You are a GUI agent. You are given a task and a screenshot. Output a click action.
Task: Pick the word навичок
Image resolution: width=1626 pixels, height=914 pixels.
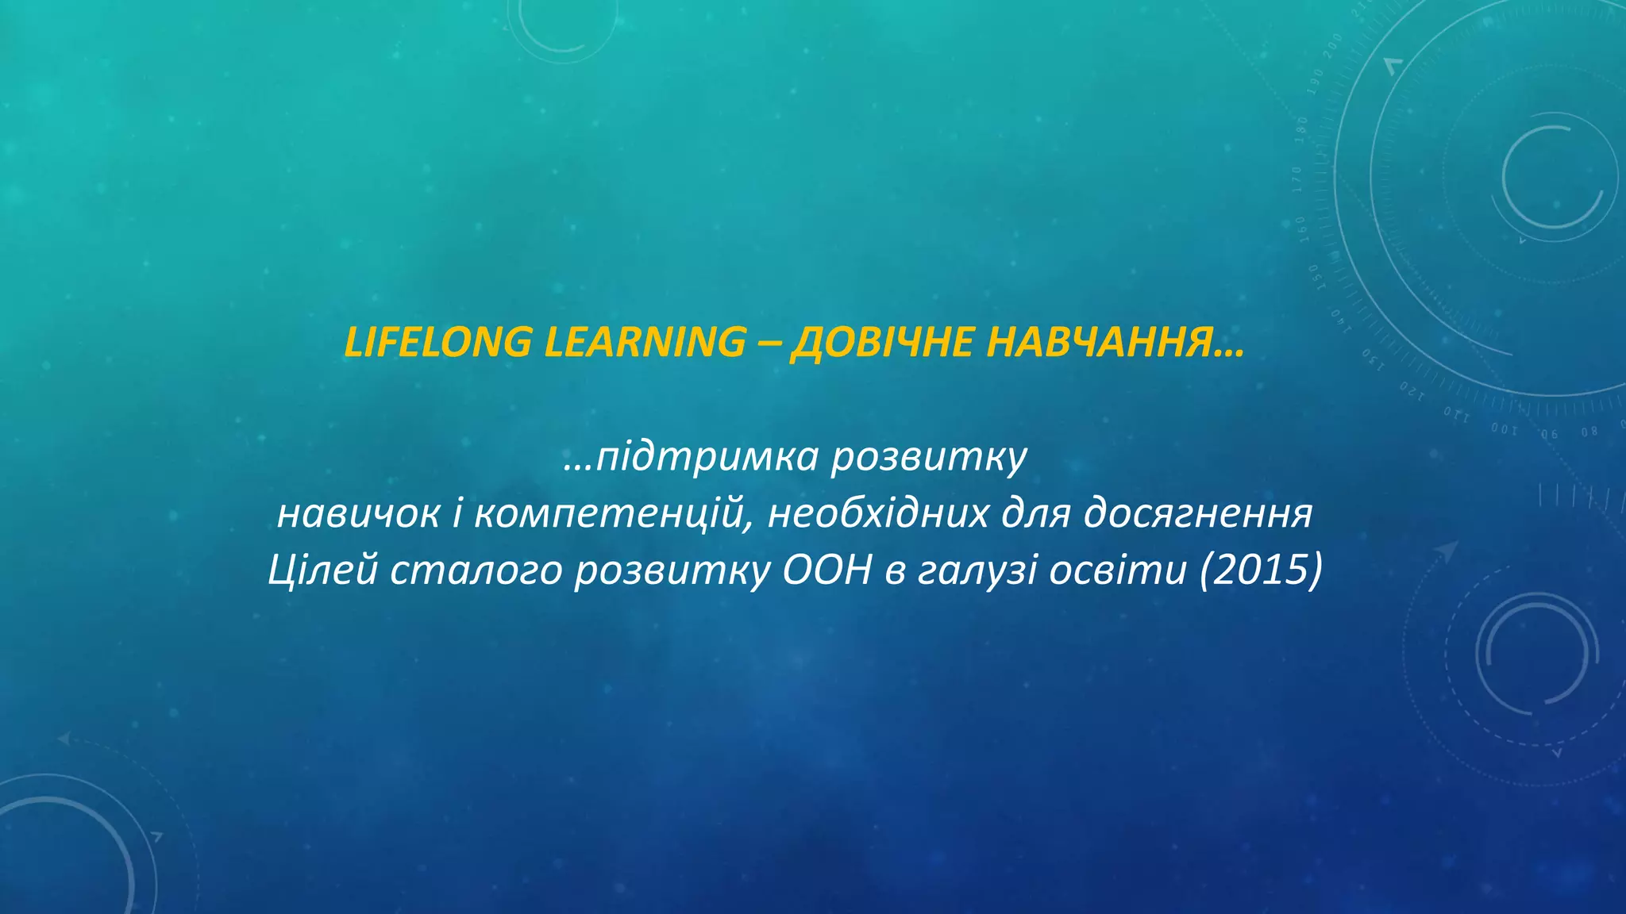(358, 514)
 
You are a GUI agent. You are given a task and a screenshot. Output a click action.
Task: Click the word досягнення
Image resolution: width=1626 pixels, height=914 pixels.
(1198, 514)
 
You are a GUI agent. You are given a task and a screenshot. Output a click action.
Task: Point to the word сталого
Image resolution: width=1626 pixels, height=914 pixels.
(476, 570)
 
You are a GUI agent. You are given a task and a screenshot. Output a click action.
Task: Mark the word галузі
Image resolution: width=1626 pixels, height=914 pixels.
(977, 571)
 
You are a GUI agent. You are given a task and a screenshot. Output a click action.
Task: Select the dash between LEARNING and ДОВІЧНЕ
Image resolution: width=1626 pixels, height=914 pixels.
(769, 344)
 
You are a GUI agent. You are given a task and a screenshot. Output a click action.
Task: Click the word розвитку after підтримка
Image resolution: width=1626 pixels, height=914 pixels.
(929, 458)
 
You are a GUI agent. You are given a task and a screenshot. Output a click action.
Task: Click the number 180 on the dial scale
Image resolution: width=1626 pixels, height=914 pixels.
(1300, 129)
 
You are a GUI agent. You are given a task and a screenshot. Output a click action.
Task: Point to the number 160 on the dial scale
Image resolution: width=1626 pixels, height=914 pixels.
(1300, 228)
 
